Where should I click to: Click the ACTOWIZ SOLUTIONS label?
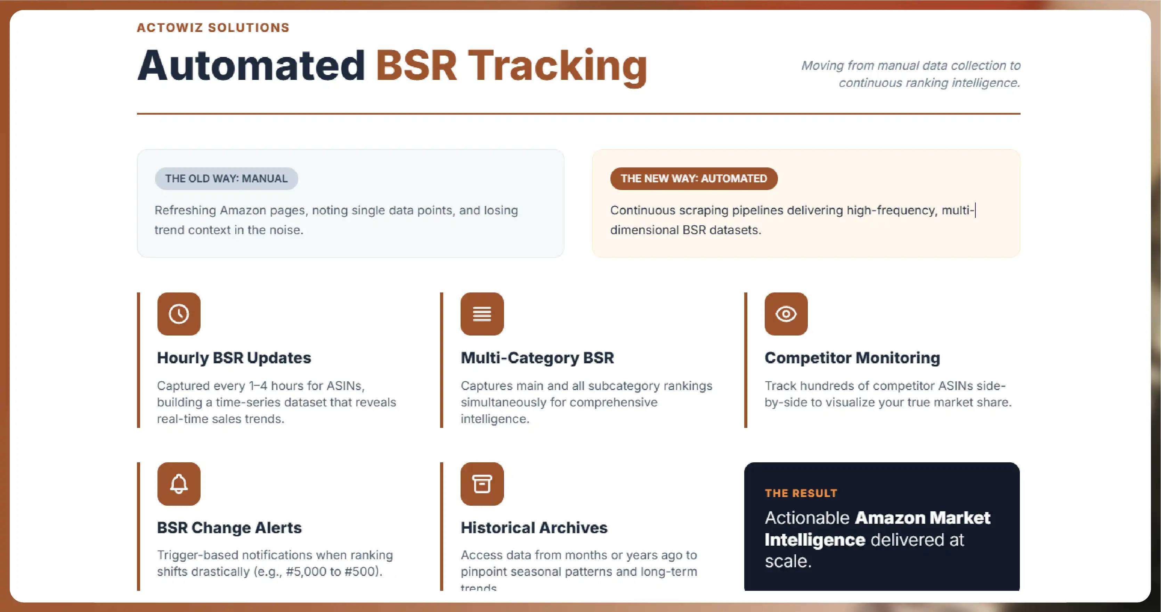point(213,27)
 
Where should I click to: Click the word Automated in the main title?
point(251,66)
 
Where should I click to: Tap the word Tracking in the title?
point(558,67)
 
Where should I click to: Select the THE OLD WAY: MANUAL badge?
point(226,179)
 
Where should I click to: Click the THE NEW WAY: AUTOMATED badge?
point(693,179)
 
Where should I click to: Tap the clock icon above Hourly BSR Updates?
point(179,314)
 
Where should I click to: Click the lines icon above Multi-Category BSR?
point(482,314)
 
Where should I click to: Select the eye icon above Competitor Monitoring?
point(786,314)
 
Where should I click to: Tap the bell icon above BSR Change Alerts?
point(179,483)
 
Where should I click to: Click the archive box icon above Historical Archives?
point(482,483)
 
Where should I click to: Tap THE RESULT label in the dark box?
point(801,493)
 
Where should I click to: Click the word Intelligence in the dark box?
point(815,540)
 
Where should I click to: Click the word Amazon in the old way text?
point(243,210)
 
